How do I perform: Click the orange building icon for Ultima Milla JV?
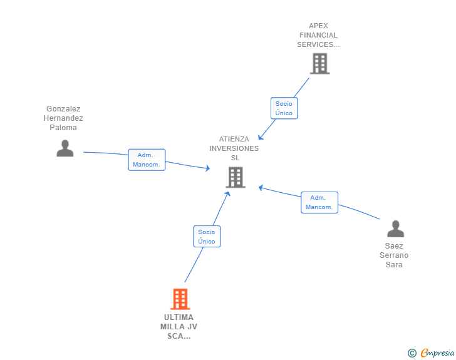[180, 299]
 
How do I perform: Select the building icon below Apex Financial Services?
[320, 63]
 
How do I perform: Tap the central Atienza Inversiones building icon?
[236, 177]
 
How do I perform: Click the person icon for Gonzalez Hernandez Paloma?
[65, 148]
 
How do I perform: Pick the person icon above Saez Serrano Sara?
[395, 229]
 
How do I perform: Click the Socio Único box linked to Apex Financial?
[284, 108]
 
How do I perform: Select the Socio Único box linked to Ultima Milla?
[207, 237]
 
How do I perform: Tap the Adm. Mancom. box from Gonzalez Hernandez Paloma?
[147, 160]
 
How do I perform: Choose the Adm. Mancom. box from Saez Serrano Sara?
[319, 202]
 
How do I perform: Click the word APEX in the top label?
[318, 26]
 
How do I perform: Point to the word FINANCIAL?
[318, 35]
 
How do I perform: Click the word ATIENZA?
[234, 139]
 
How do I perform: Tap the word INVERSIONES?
[234, 148]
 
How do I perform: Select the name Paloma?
[63, 128]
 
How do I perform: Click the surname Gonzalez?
[63, 109]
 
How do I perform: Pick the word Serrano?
[394, 255]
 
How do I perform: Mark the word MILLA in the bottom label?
[171, 327]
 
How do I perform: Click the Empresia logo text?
[437, 352]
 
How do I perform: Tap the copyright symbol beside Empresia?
[412, 353]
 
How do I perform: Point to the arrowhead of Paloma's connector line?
[208, 168]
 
